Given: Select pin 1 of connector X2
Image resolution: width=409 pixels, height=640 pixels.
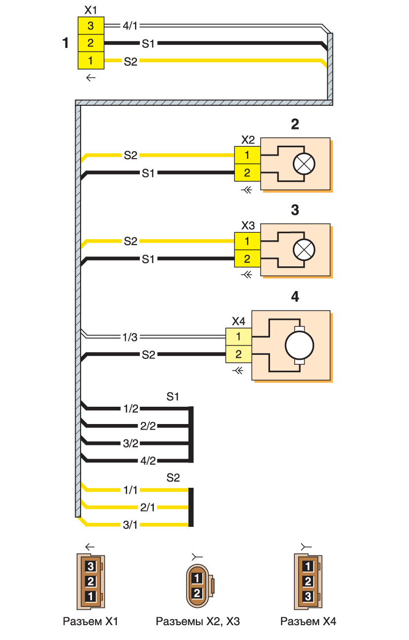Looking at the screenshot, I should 247,156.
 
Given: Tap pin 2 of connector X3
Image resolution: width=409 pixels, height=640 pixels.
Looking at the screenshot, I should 247,259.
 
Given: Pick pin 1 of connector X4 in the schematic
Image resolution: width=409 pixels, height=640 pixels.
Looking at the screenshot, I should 238,337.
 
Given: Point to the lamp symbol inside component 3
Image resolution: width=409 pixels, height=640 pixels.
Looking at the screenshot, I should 304,251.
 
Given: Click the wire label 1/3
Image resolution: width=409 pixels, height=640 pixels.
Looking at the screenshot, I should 131,338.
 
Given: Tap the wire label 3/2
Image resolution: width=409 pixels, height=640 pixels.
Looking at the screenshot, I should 131,443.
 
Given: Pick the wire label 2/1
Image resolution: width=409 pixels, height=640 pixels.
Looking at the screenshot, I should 147,507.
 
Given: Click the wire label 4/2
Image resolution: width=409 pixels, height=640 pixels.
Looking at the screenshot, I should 148,461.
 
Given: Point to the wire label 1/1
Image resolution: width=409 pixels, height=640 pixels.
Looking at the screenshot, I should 131,490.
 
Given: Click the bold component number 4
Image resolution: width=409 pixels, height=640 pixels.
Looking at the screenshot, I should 295,298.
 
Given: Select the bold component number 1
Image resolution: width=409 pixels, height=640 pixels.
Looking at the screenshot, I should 65,43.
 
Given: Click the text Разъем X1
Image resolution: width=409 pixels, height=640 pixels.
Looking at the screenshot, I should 91,621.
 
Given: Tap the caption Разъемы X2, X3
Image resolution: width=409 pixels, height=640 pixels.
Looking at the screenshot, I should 197,621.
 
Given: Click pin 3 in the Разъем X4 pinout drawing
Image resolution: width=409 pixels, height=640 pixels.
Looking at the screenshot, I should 307,596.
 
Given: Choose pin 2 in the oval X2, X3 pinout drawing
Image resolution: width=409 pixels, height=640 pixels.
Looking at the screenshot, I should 196,592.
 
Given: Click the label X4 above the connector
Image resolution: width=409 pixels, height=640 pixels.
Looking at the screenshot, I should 238,322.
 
